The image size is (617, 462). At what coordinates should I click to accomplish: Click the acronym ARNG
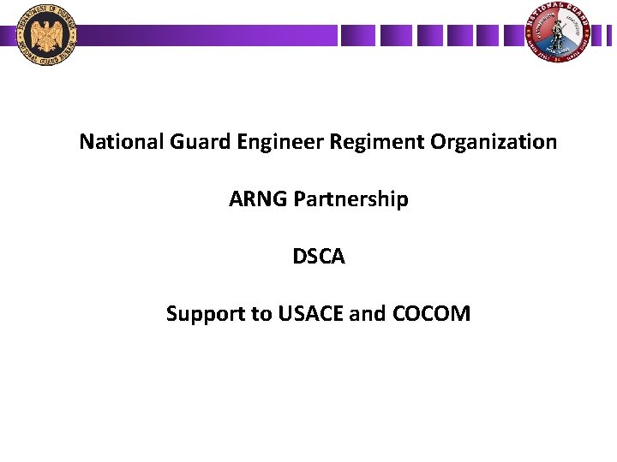[x=258, y=199]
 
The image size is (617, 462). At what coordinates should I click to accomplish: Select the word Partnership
[x=350, y=199]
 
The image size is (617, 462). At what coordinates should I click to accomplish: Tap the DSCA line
[x=318, y=257]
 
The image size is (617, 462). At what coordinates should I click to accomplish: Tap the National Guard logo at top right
[x=561, y=34]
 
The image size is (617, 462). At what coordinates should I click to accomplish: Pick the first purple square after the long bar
[x=357, y=35]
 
